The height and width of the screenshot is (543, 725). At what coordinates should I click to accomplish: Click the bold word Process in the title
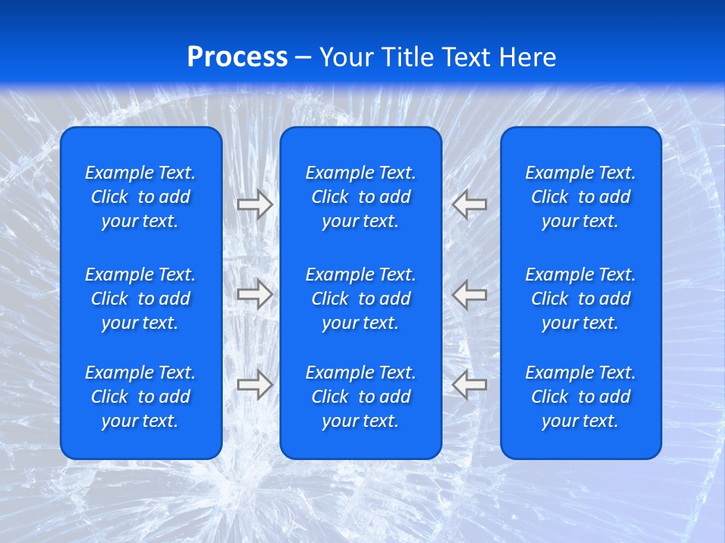click(x=237, y=57)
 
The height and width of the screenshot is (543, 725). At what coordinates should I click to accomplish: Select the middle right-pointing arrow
click(x=255, y=294)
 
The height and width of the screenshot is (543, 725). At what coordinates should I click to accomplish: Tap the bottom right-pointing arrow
click(x=255, y=385)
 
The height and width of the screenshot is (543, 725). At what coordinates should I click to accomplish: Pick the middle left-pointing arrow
click(x=470, y=294)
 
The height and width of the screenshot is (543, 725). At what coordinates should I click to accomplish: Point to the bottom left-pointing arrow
click(x=470, y=385)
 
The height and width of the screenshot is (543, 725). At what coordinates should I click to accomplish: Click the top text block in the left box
click(x=140, y=197)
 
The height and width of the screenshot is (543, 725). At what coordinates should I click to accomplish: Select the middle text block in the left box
click(x=140, y=299)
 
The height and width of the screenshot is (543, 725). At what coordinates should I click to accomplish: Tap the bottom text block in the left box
click(x=140, y=397)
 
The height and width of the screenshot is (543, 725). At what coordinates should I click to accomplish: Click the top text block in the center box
click(x=360, y=197)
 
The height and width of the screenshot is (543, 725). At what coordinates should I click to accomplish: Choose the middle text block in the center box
click(x=360, y=299)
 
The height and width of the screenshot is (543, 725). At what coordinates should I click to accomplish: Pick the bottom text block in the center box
click(x=360, y=397)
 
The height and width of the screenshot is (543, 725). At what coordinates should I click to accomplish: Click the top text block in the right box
click(x=580, y=197)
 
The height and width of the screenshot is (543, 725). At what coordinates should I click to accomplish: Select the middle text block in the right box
click(x=580, y=299)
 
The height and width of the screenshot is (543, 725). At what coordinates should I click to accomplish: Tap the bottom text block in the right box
click(x=580, y=397)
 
